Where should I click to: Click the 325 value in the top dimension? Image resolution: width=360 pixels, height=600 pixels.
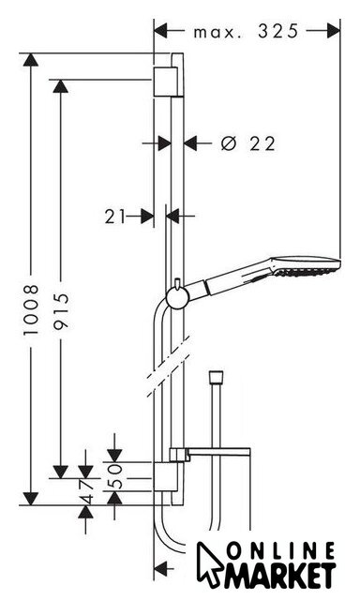tap(277, 31)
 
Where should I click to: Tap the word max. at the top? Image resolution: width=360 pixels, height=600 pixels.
tap(217, 33)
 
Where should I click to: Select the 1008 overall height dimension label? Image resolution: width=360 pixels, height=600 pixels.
tap(31, 310)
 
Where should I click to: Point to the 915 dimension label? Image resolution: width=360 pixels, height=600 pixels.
tap(61, 310)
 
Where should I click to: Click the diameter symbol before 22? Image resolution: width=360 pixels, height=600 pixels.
tap(229, 143)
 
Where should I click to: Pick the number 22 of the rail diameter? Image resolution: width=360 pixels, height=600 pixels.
tap(262, 143)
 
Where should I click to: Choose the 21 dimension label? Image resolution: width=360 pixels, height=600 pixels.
tap(114, 217)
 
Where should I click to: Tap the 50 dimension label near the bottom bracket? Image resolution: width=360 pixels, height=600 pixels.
tap(114, 476)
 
